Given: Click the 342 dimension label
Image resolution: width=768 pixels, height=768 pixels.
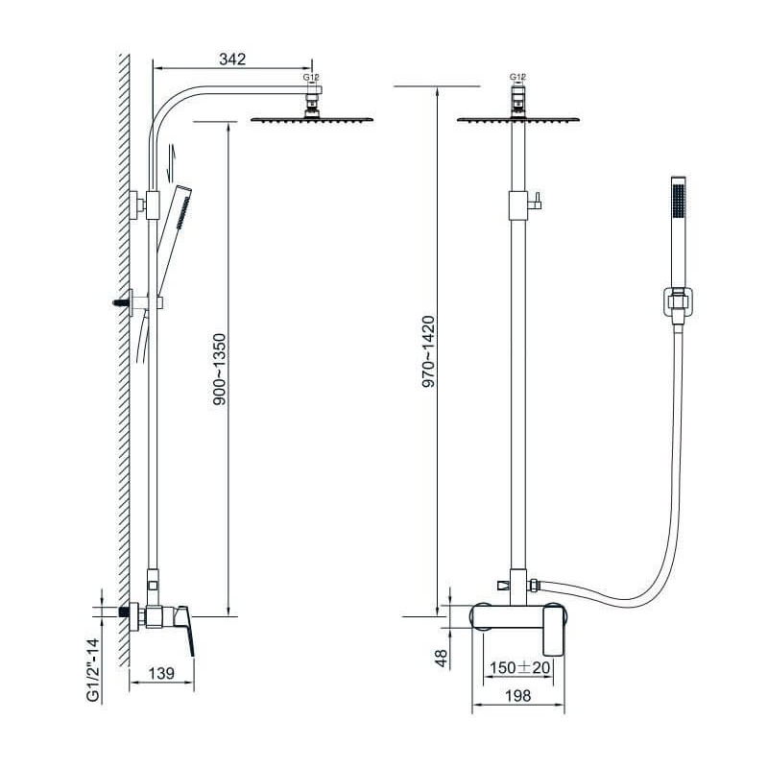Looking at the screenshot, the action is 232,60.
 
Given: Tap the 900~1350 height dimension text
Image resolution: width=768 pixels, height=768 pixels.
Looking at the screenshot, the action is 220,370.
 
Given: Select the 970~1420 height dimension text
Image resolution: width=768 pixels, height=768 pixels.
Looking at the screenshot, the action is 428,351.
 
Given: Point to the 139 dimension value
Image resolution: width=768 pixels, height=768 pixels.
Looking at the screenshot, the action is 161,673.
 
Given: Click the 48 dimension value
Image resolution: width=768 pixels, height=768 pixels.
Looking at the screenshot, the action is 442,659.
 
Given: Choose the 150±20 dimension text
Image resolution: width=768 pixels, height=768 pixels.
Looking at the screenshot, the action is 519,667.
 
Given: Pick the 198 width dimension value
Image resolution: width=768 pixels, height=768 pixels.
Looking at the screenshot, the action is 517,695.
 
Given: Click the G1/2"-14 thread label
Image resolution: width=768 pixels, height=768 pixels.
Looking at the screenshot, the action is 93,669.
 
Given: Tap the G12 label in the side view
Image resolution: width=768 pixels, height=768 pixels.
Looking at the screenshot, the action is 311,77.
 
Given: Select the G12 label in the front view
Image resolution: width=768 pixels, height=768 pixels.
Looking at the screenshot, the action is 517,77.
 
